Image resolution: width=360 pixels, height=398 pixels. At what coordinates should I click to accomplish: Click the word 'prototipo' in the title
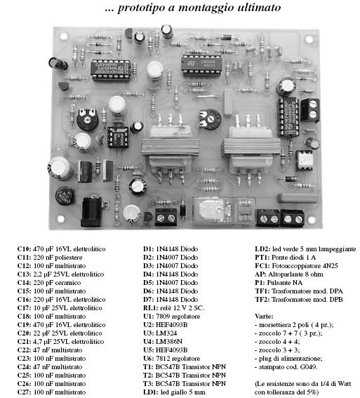(x=142, y=8)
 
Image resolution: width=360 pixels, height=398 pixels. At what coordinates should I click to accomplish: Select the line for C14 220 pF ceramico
(x=49, y=283)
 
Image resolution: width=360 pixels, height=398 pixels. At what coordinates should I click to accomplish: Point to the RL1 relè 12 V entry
(x=174, y=308)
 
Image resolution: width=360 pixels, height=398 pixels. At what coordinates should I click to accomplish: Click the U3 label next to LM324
(x=149, y=333)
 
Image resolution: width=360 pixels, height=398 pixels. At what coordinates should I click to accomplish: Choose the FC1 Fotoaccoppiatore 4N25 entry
(x=296, y=266)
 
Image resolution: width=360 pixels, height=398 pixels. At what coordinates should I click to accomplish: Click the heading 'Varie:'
(x=264, y=317)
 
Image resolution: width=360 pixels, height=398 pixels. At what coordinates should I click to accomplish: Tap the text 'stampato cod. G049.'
(x=288, y=367)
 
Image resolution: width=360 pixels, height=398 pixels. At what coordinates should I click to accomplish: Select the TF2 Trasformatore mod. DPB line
(x=299, y=300)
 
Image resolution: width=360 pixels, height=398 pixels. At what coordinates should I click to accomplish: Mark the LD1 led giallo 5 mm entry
(x=174, y=392)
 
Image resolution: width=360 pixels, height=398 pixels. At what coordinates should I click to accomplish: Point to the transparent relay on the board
(x=223, y=211)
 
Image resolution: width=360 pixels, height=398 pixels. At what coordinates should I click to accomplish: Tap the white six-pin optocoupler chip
(x=305, y=160)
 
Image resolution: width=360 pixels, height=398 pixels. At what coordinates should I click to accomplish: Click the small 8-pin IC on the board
(x=118, y=137)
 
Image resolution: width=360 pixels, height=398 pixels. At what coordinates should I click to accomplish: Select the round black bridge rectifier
(x=65, y=196)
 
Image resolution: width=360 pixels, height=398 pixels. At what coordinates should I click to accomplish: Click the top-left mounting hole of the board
(x=64, y=37)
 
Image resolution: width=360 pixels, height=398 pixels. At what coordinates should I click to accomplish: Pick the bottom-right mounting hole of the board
(x=312, y=220)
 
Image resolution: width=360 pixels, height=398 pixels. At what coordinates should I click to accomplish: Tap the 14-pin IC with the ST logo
(x=201, y=65)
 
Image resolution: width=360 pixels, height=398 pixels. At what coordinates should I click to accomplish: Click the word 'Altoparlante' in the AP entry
(x=285, y=274)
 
